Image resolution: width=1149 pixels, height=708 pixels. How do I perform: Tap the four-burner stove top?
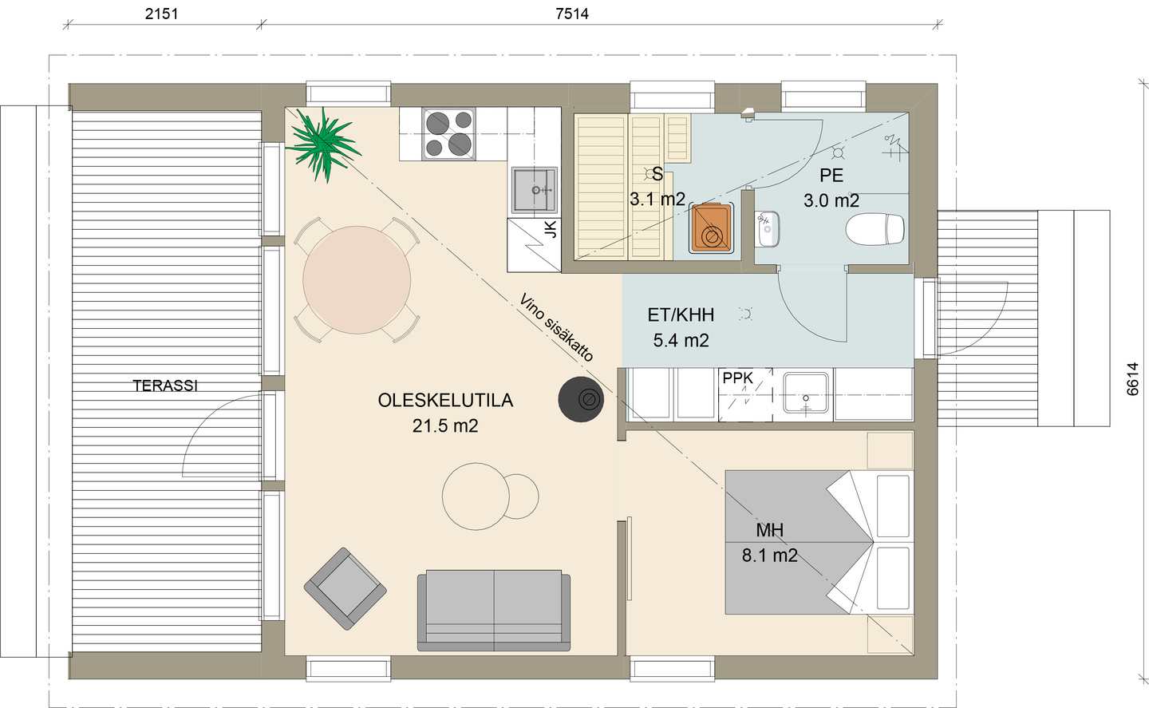pos(448,133)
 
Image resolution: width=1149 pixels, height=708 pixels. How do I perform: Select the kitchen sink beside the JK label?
pos(534,191)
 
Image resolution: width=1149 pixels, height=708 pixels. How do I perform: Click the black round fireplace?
pos(581,398)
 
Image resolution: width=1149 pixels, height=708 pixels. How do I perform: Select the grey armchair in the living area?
pos(345,588)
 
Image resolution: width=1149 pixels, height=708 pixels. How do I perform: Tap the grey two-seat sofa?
pos(493,609)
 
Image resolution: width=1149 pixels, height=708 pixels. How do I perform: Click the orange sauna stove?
pos(709,228)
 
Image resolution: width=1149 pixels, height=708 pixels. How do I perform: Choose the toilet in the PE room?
pos(875,230)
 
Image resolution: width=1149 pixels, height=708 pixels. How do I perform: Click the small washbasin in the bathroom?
pos(767,229)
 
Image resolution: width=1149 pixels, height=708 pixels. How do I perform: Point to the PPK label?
pos(737,378)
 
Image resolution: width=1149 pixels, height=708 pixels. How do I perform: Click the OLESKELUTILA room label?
pos(445,401)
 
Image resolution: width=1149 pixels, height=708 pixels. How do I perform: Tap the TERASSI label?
pos(165,386)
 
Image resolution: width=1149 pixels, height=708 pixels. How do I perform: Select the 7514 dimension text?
pos(572,14)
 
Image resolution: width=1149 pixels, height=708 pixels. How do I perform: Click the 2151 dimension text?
pos(161,14)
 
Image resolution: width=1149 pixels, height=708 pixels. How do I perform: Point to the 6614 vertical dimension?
pos(1132,380)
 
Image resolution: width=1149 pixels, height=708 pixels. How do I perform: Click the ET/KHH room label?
pos(681,315)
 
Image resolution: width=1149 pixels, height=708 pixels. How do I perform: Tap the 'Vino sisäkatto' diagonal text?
pos(556,328)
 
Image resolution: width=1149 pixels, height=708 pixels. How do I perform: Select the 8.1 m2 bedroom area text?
pos(769,556)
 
